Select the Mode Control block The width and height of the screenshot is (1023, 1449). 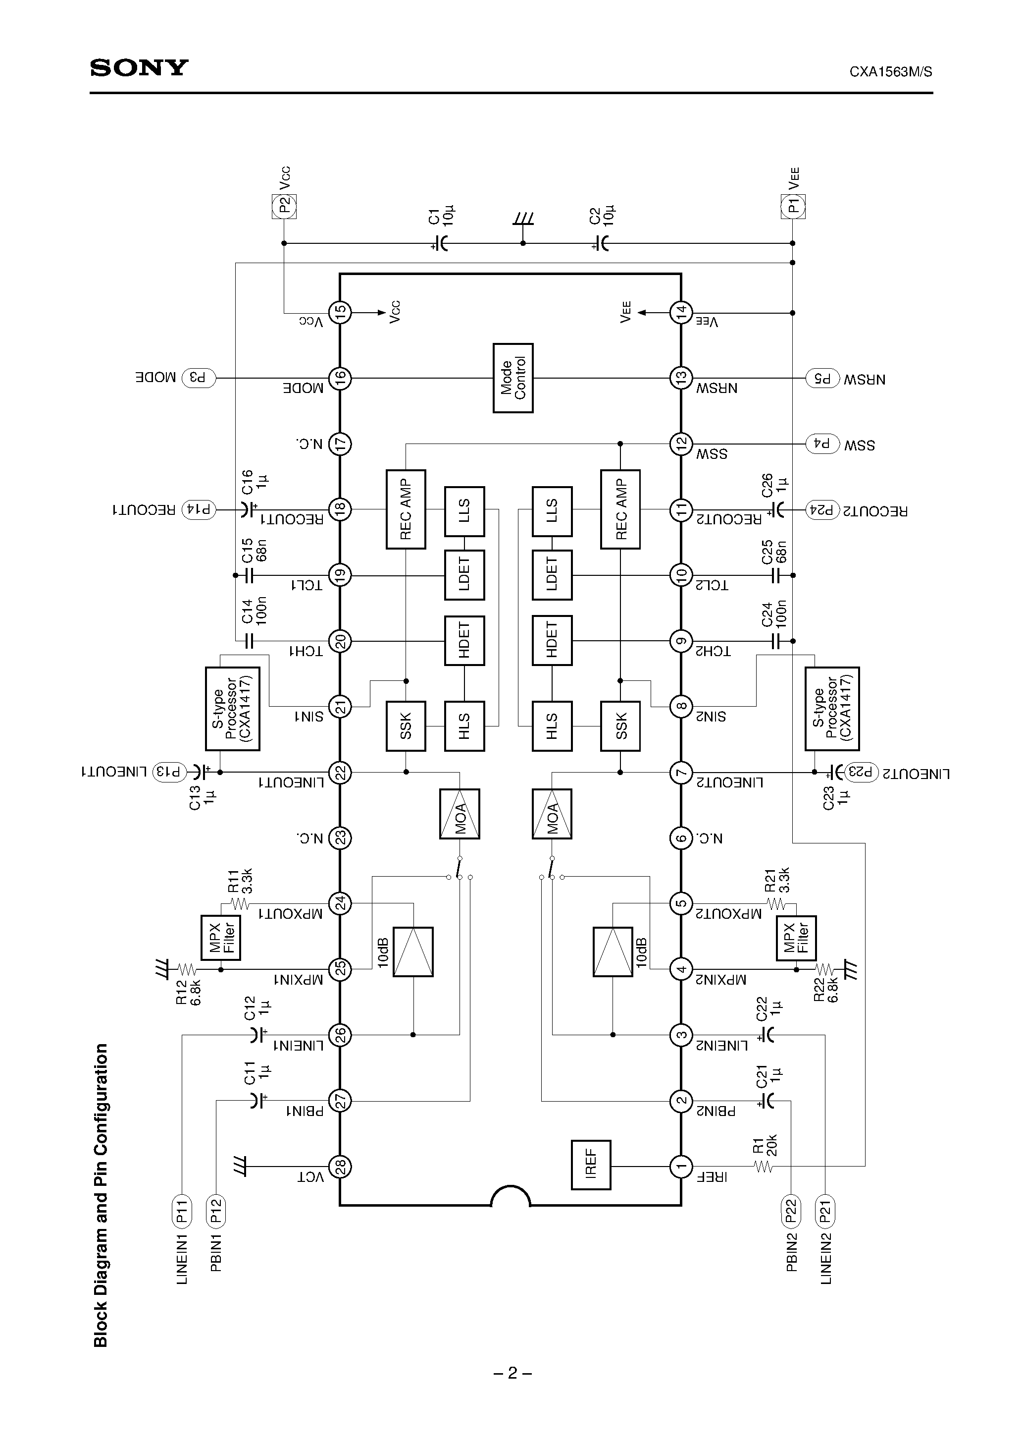coord(513,378)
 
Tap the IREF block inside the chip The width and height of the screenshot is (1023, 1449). coord(591,1165)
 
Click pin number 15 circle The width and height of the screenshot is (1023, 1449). coord(341,312)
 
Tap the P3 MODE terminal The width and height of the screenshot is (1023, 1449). coord(199,378)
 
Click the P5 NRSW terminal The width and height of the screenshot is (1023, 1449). coord(823,379)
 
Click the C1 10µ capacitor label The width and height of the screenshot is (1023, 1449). coord(442,217)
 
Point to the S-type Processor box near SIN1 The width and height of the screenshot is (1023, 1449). coord(233,709)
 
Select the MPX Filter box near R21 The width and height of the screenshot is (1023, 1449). coord(796,938)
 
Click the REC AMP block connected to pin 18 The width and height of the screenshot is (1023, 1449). coord(406,509)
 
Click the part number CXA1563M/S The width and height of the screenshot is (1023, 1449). coord(891,72)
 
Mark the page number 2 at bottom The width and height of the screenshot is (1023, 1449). coord(512,1373)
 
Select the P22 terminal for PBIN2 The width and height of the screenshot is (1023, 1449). coord(790,1210)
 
